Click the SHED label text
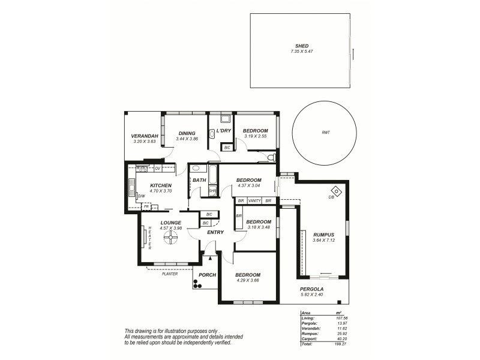(301, 46)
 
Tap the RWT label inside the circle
(326, 133)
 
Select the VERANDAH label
(144, 136)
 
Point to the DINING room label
(186, 133)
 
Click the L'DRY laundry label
(224, 131)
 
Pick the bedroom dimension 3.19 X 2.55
(256, 136)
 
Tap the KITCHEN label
(161, 185)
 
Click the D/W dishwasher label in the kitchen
(142, 196)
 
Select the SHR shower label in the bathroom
(212, 191)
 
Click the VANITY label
(254, 200)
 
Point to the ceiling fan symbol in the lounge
(170, 238)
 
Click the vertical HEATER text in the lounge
(149, 238)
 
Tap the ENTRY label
(215, 232)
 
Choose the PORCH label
(207, 275)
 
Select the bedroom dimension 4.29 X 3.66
(248, 280)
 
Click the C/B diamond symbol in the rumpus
(336, 192)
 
